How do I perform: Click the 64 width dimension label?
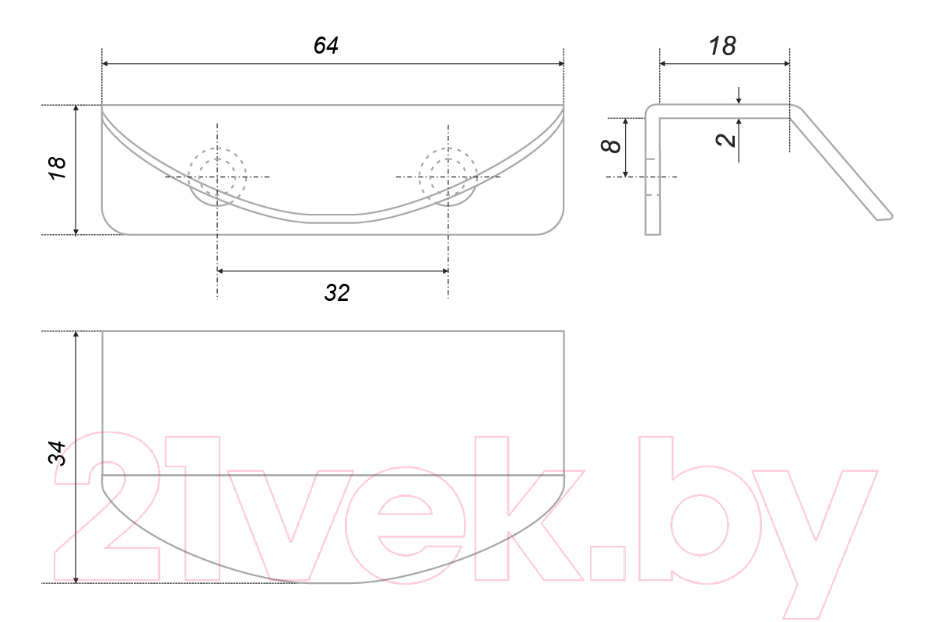tap(325, 45)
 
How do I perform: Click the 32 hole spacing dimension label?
tap(337, 292)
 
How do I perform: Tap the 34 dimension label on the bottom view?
tap(57, 454)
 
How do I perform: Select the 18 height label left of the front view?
tap(57, 168)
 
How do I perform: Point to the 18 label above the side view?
tap(722, 46)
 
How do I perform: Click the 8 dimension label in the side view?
tap(611, 146)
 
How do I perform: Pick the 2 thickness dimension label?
tap(725, 140)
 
